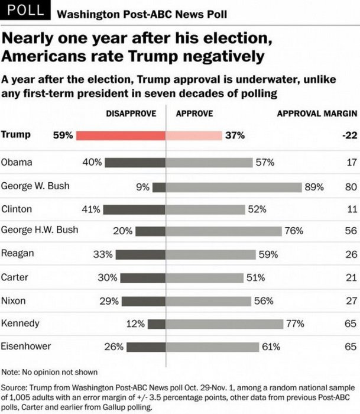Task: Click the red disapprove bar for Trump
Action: [x=121, y=135]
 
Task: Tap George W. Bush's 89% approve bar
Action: [x=234, y=187]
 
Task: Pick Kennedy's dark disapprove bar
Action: [x=157, y=324]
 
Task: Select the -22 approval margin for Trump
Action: [x=349, y=135]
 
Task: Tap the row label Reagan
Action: [x=17, y=253]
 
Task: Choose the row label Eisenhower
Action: [x=26, y=346]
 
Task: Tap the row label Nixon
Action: [x=14, y=300]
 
